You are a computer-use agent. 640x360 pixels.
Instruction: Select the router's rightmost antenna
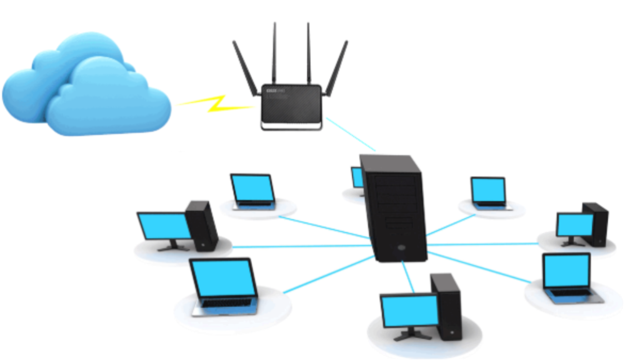[x=337, y=69]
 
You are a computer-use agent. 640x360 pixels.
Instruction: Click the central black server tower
[x=394, y=206]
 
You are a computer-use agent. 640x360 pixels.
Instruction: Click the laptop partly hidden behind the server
[x=357, y=178]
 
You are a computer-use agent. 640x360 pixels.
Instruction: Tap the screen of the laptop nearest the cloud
[x=252, y=188]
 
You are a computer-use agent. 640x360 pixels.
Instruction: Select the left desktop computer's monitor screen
[x=164, y=226]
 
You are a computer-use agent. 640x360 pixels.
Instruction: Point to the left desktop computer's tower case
[x=201, y=225]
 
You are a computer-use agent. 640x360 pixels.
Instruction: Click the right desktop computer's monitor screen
[x=574, y=224]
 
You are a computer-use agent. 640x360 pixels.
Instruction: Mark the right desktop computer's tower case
[x=595, y=222]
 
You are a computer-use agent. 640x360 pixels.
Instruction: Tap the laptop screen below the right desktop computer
[x=566, y=270]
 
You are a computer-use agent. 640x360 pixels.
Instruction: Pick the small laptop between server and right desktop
[x=488, y=191]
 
